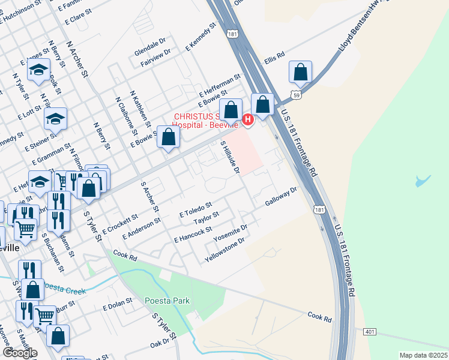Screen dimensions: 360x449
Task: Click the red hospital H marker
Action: pos(247,120)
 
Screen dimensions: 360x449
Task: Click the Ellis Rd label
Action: pos(274,58)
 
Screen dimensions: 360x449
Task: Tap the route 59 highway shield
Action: pos(295,95)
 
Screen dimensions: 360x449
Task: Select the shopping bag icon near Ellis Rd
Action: pos(300,73)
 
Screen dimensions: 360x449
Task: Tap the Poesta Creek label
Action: pos(67,290)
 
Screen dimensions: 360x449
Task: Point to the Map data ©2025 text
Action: pos(423,355)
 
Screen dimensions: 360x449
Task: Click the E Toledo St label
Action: pos(196,209)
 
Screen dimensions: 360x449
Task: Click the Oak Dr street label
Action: pos(160,343)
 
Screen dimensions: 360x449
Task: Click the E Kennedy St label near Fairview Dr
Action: pos(200,37)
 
